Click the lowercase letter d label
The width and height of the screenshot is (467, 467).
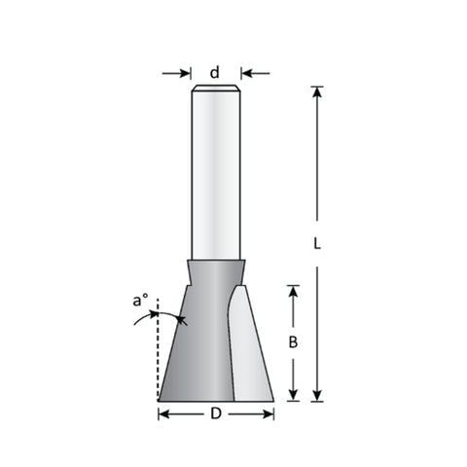[215, 72]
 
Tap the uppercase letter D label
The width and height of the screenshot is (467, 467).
[216, 413]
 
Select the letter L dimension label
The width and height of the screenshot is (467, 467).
[317, 243]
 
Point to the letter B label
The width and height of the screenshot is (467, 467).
[293, 342]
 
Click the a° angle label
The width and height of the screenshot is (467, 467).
[140, 300]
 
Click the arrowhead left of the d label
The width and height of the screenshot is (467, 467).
[184, 73]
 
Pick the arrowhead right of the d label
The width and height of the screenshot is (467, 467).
[247, 73]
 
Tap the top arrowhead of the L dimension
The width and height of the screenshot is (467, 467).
[317, 92]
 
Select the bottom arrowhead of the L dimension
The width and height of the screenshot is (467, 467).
[317, 396]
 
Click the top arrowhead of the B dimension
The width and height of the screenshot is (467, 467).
[293, 291]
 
